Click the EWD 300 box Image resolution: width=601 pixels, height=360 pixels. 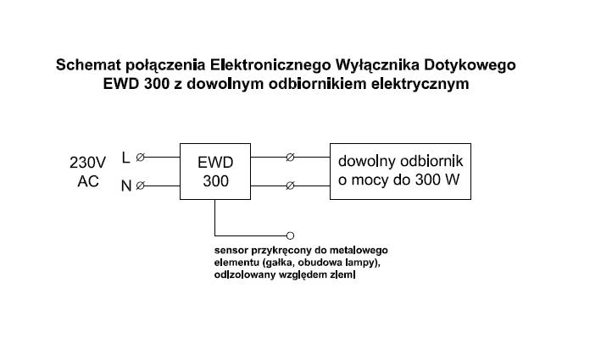pyautogui.click(x=215, y=172)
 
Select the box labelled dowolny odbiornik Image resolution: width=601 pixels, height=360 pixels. pyautogui.click(x=401, y=171)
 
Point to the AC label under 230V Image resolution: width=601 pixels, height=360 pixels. pyautogui.click(x=88, y=181)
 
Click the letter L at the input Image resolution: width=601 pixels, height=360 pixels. pyautogui.click(x=126, y=157)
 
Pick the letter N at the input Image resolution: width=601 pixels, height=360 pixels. pyautogui.click(x=126, y=186)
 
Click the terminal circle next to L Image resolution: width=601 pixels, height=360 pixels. pyautogui.click(x=141, y=157)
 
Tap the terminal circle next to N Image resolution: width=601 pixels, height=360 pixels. pyautogui.click(x=141, y=186)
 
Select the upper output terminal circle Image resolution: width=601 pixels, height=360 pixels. pyautogui.click(x=290, y=157)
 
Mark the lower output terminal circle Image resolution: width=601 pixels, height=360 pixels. pyautogui.click(x=290, y=186)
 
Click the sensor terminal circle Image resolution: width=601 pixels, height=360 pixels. pyautogui.click(x=290, y=234)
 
